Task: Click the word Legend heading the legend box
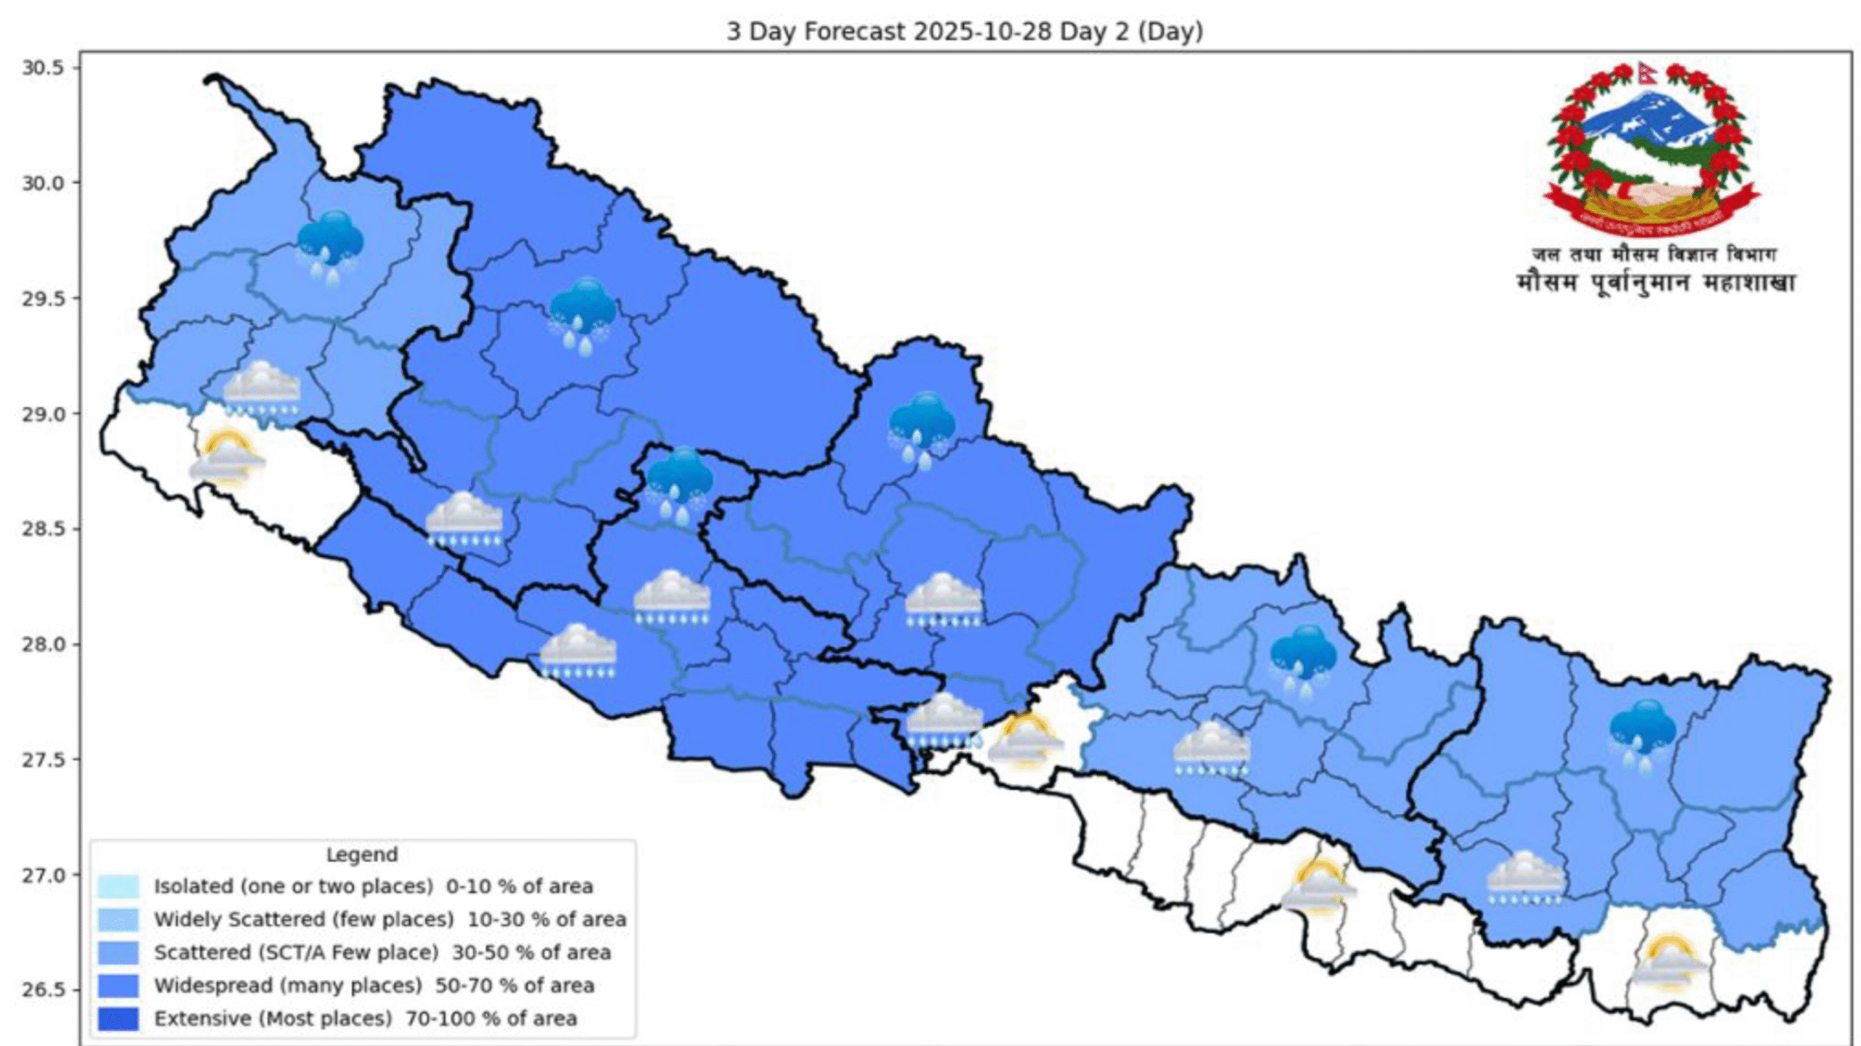pyautogui.click(x=361, y=854)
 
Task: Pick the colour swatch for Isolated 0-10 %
pyautogui.click(x=118, y=886)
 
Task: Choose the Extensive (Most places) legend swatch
pyautogui.click(x=118, y=1018)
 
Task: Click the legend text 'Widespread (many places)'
pyautogui.click(x=288, y=986)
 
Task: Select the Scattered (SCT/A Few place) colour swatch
pyautogui.click(x=118, y=952)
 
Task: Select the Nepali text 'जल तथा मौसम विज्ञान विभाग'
pyautogui.click(x=1655, y=254)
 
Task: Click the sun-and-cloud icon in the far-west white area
pyautogui.click(x=227, y=456)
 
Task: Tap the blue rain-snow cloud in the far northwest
pyautogui.click(x=330, y=246)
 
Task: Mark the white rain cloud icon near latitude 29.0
pyautogui.click(x=261, y=389)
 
